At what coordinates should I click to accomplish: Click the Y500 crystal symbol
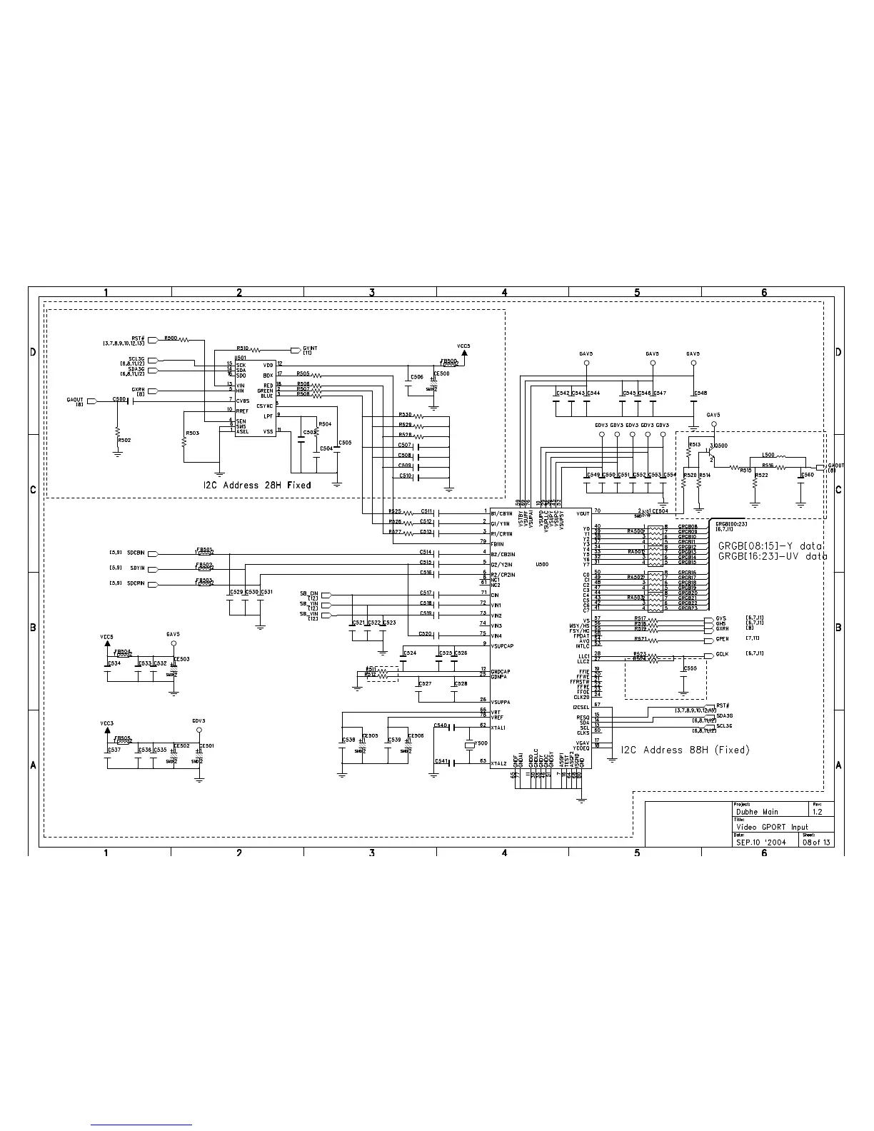click(470, 745)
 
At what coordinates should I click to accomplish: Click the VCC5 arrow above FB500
click(465, 354)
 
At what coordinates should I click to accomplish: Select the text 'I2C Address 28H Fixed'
click(257, 485)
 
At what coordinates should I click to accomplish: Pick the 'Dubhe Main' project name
click(757, 811)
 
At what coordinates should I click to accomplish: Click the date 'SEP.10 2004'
click(761, 842)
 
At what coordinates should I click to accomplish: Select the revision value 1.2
click(818, 811)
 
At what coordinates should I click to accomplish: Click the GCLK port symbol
click(709, 655)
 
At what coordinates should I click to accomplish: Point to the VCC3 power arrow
click(107, 730)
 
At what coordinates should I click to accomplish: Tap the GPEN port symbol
click(709, 639)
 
